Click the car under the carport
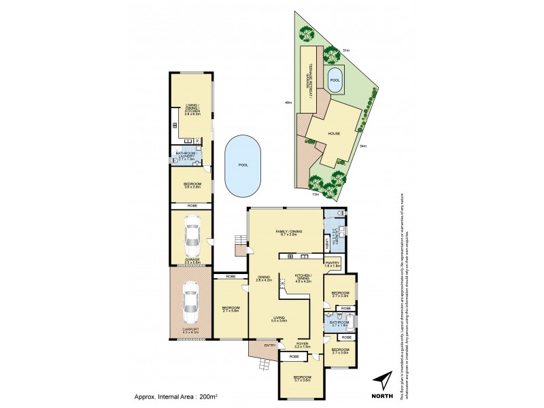(x=191, y=302)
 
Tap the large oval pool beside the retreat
(x=243, y=165)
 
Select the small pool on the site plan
(x=335, y=78)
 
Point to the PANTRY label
(x=333, y=263)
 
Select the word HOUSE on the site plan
(x=334, y=134)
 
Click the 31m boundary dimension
(x=345, y=50)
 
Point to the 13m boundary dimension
(x=315, y=194)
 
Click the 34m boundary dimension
(x=364, y=146)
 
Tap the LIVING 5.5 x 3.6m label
(x=279, y=319)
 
